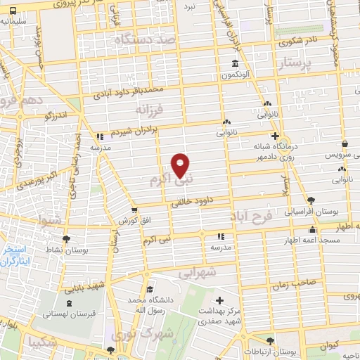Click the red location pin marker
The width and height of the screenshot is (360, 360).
click(181, 165)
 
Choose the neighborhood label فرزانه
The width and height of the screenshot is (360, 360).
click(152, 110)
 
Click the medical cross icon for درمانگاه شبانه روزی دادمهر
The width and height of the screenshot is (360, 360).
click(275, 136)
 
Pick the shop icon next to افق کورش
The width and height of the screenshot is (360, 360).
click(134, 210)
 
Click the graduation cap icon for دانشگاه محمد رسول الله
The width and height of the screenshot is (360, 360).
click(149, 290)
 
